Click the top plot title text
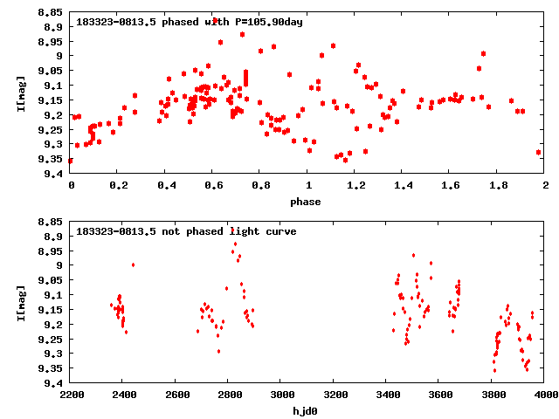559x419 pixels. pos(190,21)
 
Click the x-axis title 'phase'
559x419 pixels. pos(306,202)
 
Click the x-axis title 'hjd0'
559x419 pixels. pos(306,411)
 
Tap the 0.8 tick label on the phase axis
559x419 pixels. pos(260,185)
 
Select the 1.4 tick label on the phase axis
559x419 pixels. pos(403,185)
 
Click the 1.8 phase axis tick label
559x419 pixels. pos(498,185)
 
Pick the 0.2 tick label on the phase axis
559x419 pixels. pos(118,185)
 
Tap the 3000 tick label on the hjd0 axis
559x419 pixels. pos(280,395)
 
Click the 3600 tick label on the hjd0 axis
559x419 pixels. pos(440,395)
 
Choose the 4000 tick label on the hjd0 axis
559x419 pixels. pos(545,395)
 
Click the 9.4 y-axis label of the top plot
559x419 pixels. pos(53,174)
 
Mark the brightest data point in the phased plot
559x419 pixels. pos(215,20)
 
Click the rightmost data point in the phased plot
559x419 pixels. pos(538,152)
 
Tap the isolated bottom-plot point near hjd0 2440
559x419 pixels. pos(133,264)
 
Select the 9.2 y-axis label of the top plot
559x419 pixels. pos(53,114)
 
